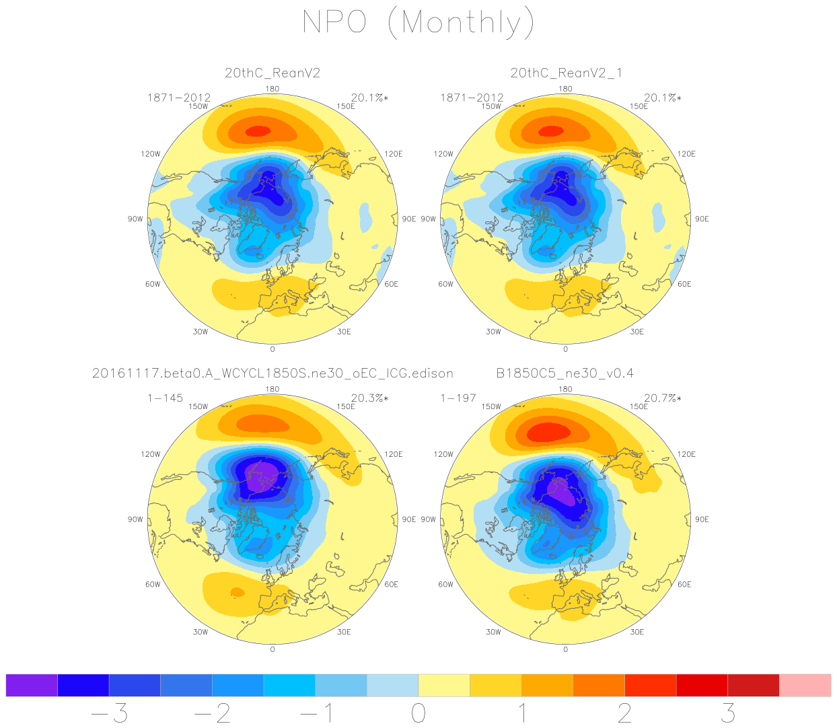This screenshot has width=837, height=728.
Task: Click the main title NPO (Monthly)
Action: (x=418, y=22)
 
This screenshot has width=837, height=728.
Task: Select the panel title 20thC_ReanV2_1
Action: (x=566, y=73)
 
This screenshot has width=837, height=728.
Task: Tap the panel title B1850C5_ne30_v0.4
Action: (x=565, y=373)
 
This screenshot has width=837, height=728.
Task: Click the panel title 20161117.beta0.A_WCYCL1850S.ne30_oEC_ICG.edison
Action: (x=272, y=373)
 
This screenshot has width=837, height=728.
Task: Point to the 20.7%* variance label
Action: (x=662, y=398)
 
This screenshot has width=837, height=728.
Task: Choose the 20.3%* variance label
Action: (x=369, y=398)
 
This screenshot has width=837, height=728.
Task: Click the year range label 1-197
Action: (x=458, y=398)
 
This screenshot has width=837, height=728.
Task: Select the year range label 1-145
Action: (x=166, y=398)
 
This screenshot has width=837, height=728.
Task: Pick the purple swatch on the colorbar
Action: (x=32, y=685)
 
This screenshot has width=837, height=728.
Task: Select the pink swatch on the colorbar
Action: (x=805, y=685)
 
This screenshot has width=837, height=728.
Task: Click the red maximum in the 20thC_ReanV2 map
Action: (x=258, y=131)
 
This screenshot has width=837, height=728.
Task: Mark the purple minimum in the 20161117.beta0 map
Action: (x=260, y=475)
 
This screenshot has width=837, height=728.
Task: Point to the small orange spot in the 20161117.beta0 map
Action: (x=237, y=592)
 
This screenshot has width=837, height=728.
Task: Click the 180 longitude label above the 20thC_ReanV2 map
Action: (x=272, y=89)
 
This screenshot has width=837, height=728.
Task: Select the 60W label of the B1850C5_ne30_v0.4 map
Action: (x=445, y=584)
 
